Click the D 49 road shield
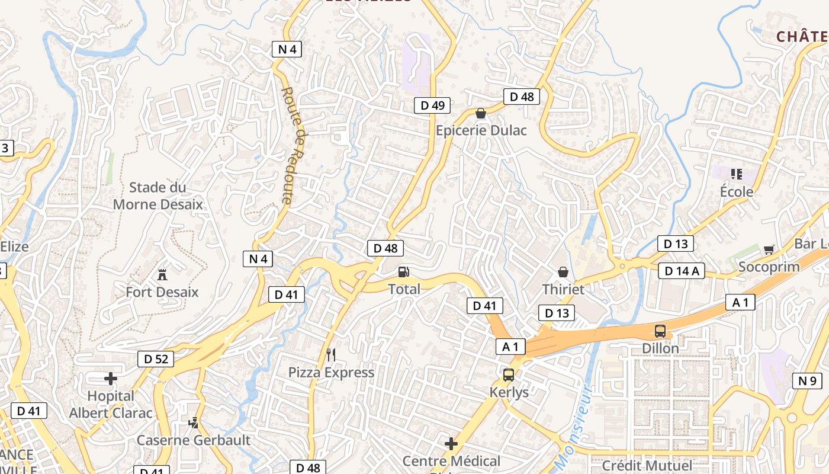432,105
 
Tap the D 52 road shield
156,358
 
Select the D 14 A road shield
681,271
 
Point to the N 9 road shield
807,381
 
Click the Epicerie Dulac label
481,130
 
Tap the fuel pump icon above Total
404,272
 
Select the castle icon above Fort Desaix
162,274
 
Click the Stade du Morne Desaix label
158,196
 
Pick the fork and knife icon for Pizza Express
331,355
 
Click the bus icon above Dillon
660,331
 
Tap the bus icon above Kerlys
509,375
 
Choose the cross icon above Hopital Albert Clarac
111,378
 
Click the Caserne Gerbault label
194,440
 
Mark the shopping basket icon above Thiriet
563,272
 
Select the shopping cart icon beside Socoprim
769,250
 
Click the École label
737,191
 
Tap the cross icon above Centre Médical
451,443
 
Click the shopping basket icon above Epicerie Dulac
481,113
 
